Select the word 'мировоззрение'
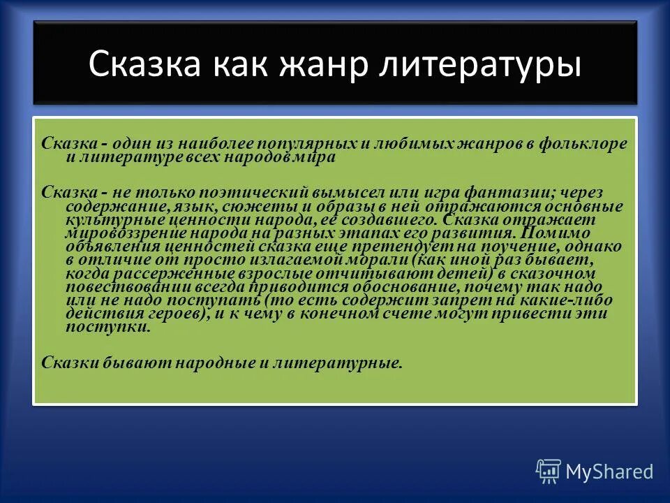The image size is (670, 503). [119, 233]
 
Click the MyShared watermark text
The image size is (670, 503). [609, 472]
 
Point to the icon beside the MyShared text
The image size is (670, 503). [549, 471]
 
